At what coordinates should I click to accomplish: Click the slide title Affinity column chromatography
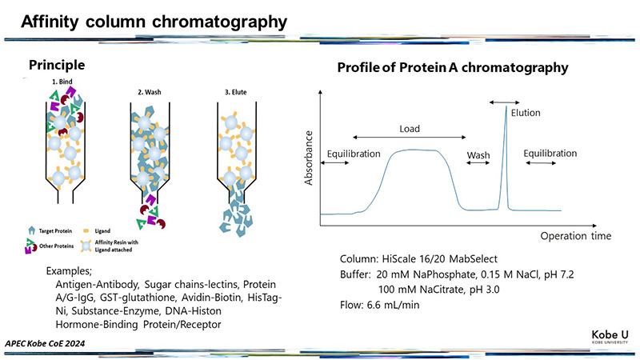click(154, 22)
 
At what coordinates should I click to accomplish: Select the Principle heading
click(57, 65)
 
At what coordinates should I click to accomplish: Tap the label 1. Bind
click(62, 82)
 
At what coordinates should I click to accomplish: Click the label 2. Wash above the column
click(150, 92)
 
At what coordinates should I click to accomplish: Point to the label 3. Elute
click(235, 92)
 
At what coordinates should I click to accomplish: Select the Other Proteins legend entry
click(50, 246)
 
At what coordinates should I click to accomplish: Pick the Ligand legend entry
click(97, 231)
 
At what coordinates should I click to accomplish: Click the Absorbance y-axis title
click(309, 158)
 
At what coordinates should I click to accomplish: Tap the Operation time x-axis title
click(576, 236)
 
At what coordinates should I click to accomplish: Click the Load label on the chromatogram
click(410, 129)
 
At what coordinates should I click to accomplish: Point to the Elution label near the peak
click(526, 113)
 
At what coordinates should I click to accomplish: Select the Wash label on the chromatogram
click(478, 155)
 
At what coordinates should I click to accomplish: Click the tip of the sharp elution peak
click(506, 106)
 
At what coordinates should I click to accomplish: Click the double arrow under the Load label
click(410, 138)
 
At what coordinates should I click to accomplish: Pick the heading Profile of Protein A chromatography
click(453, 67)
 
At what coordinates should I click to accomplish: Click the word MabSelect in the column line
click(474, 258)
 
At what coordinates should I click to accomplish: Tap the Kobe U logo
click(610, 337)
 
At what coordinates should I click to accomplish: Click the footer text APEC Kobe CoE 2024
click(45, 343)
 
